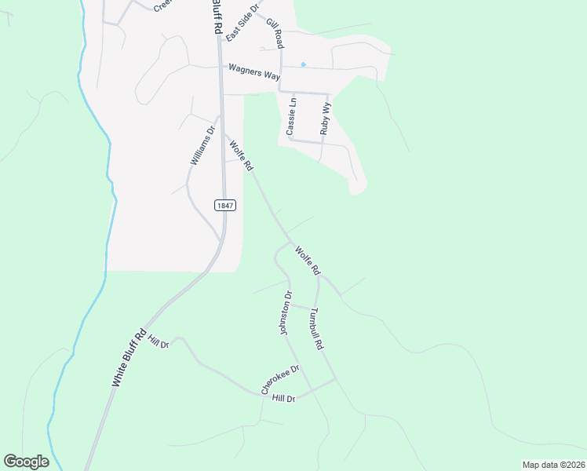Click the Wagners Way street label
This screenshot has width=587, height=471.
pyautogui.click(x=254, y=69)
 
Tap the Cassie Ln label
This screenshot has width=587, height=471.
pyautogui.click(x=292, y=116)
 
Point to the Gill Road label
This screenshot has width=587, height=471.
pyautogui.click(x=274, y=35)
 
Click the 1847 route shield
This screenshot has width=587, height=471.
pyautogui.click(x=224, y=204)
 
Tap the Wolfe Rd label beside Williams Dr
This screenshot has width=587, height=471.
pyautogui.click(x=241, y=155)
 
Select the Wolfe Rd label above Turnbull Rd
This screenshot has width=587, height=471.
pyautogui.click(x=308, y=261)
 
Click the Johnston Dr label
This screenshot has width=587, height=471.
pyautogui.click(x=286, y=314)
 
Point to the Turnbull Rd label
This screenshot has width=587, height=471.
pyautogui.click(x=316, y=327)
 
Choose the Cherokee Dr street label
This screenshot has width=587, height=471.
pyautogui.click(x=281, y=380)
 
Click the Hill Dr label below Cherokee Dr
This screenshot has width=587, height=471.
pyautogui.click(x=283, y=399)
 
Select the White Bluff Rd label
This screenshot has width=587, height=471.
pyautogui.click(x=129, y=357)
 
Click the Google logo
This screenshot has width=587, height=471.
pyautogui.click(x=26, y=461)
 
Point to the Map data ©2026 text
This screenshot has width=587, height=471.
pyautogui.click(x=552, y=464)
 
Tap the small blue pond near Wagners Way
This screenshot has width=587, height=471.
pyautogui.click(x=303, y=64)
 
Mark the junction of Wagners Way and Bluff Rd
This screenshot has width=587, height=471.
pyautogui.click(x=220, y=68)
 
